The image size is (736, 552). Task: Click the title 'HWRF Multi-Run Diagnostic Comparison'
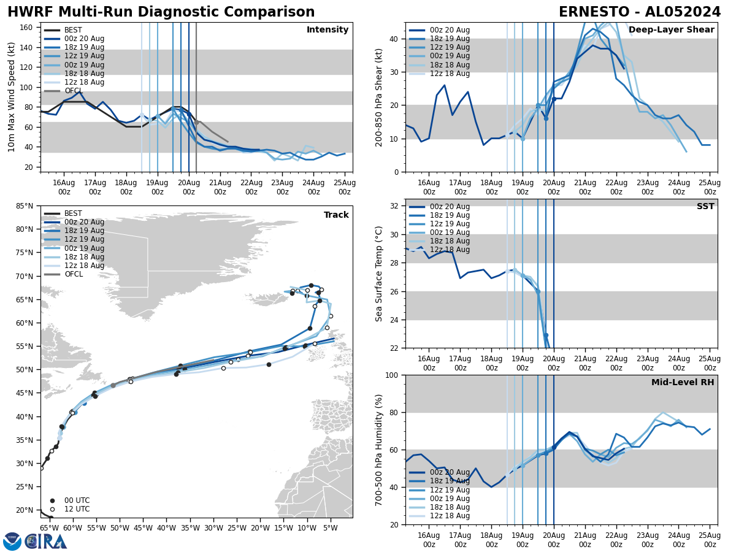tap(161, 12)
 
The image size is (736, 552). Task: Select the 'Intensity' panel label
tap(328, 30)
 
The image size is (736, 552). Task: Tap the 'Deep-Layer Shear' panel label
tap(671, 30)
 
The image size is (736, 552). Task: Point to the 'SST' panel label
tap(705, 207)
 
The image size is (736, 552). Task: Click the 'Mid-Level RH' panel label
tap(683, 383)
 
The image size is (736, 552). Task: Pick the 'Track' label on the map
tap(336, 215)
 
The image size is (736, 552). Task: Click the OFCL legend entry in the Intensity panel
tap(73, 91)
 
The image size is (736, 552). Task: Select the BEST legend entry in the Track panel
tap(73, 213)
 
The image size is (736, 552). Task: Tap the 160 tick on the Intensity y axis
tap(28, 28)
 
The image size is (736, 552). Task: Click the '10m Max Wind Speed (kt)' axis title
tap(12, 98)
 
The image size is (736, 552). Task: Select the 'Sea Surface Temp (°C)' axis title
tap(379, 274)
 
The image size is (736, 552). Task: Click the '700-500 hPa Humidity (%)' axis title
tap(379, 450)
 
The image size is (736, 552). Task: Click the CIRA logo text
tap(46, 542)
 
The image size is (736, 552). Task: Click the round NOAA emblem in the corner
tap(12, 542)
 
